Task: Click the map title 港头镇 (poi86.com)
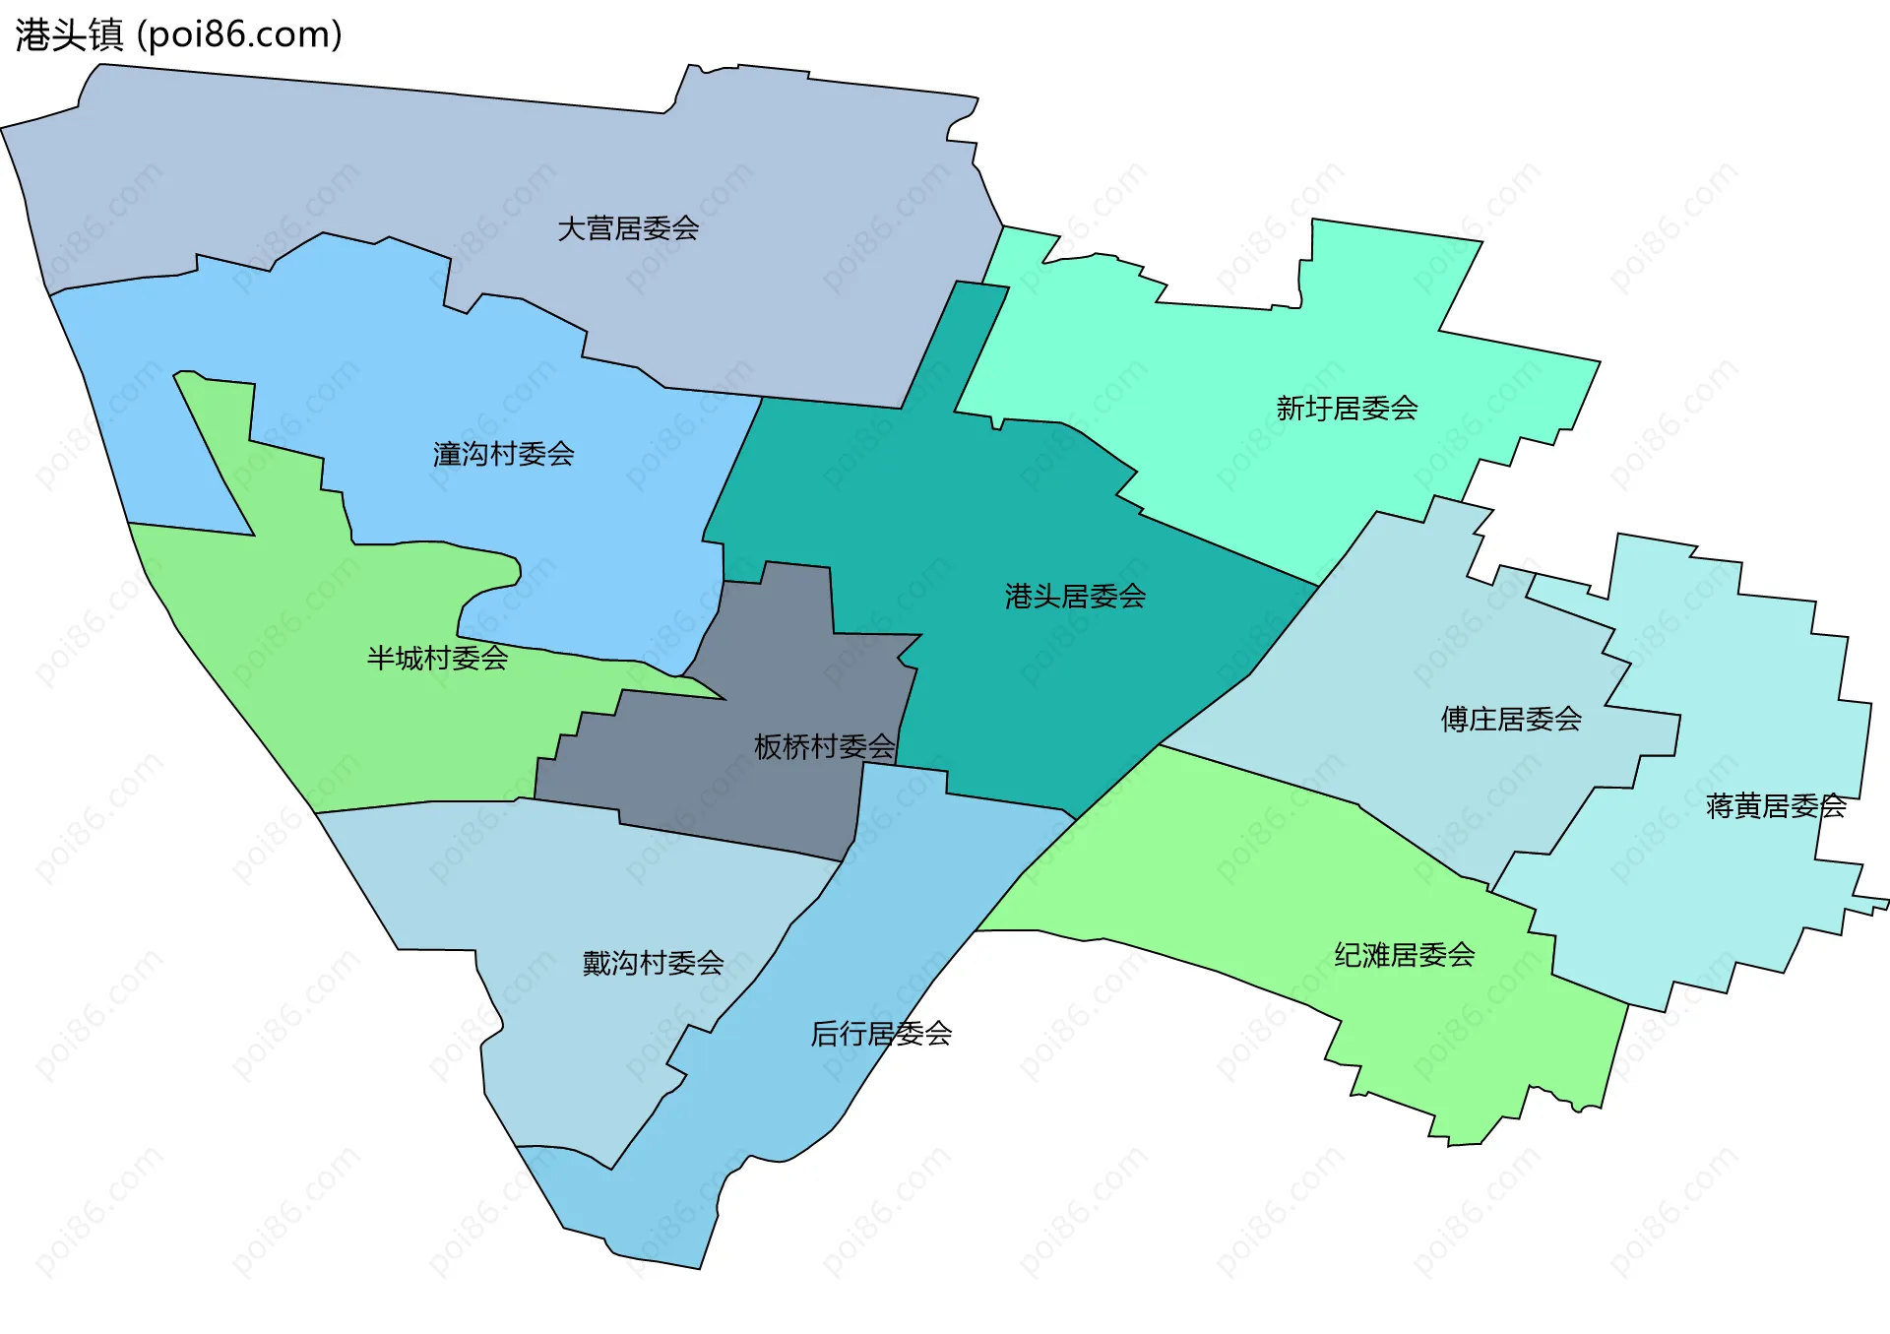(x=178, y=34)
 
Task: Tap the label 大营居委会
(x=628, y=228)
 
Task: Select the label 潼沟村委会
(x=503, y=454)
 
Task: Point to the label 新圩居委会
(x=1347, y=408)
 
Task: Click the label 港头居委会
(x=1075, y=596)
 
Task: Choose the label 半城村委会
(x=437, y=658)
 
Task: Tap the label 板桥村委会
(x=824, y=746)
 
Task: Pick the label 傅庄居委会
(x=1511, y=719)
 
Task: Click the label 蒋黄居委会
(x=1776, y=806)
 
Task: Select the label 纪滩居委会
(x=1404, y=954)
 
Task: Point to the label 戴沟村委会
(x=653, y=962)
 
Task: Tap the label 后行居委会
(x=881, y=1033)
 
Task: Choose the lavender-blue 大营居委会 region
(x=394, y=167)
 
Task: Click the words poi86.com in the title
(x=239, y=35)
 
